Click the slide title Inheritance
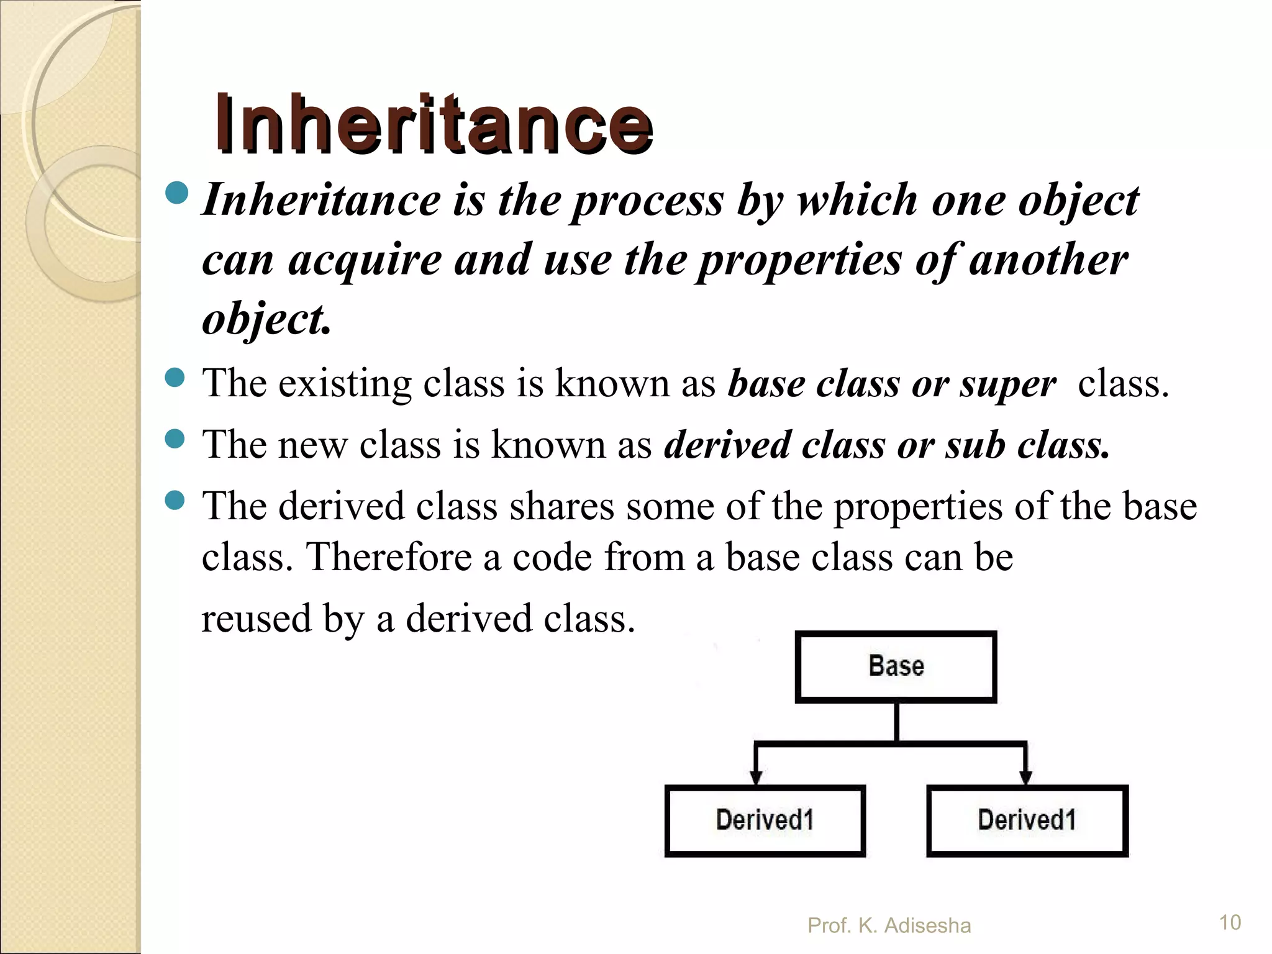434,124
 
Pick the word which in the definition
857,201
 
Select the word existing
345,383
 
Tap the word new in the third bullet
312,445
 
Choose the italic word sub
974,445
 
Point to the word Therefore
389,556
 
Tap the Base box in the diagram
896,666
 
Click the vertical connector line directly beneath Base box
896,721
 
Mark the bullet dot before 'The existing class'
176,378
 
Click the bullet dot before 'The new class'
176,439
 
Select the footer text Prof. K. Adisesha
889,925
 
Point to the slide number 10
1230,922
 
